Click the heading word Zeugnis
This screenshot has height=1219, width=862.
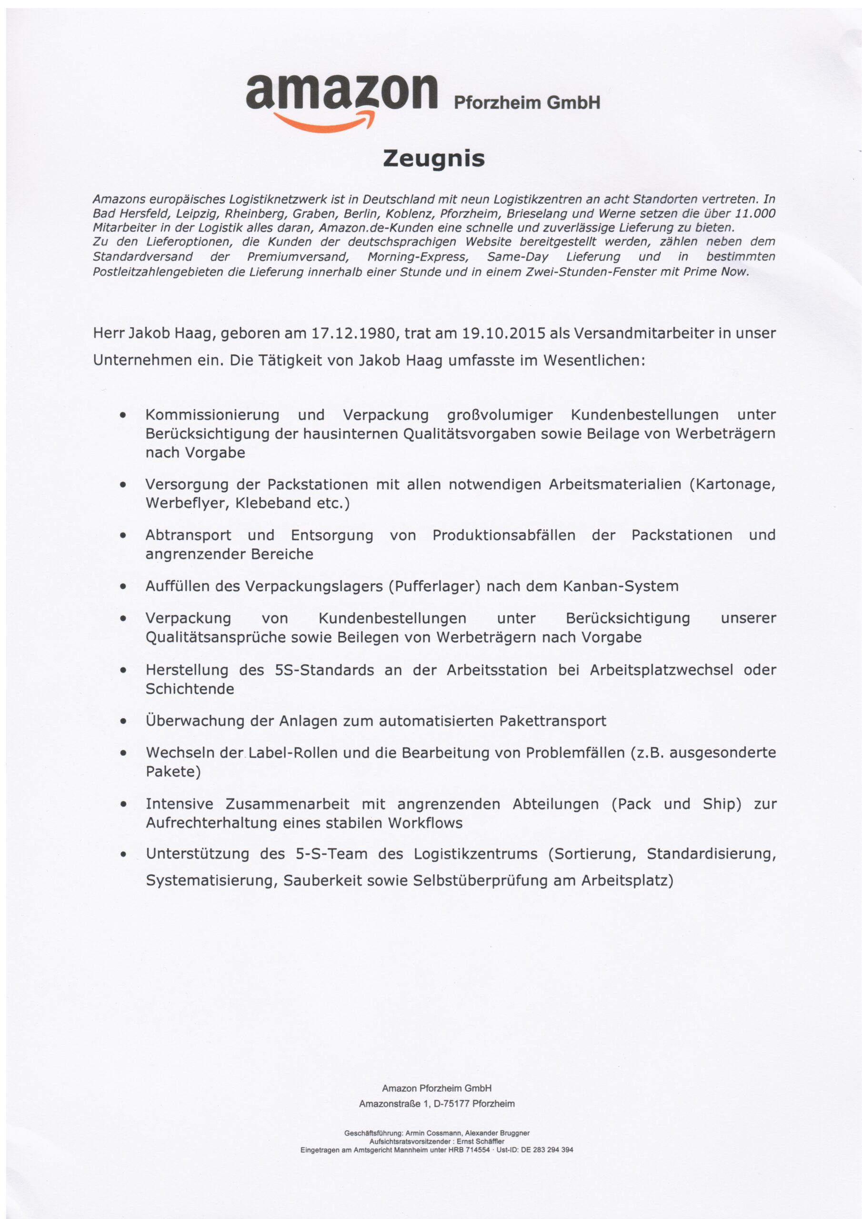pos(434,159)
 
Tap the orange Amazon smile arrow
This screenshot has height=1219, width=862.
pos(324,122)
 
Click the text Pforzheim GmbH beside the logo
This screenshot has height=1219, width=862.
pos(526,102)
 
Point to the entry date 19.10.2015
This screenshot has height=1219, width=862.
pos(504,333)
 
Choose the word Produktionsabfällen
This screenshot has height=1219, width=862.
pos(503,535)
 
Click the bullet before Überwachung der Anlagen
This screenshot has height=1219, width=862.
pos(123,721)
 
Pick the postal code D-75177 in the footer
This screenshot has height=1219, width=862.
pos(451,1104)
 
